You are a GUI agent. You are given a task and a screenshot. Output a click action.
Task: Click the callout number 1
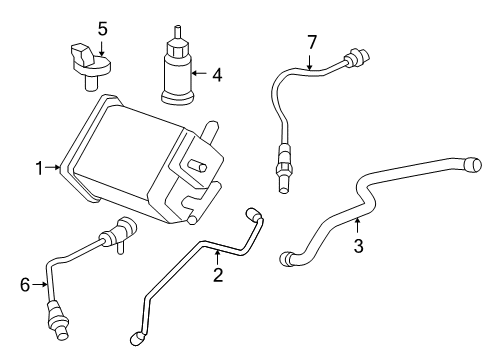pos(39,169)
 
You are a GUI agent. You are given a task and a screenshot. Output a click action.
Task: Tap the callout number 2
pos(217,274)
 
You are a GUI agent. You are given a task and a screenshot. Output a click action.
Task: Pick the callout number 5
pos(101,27)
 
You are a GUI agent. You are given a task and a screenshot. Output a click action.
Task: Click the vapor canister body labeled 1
pos(130,160)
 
